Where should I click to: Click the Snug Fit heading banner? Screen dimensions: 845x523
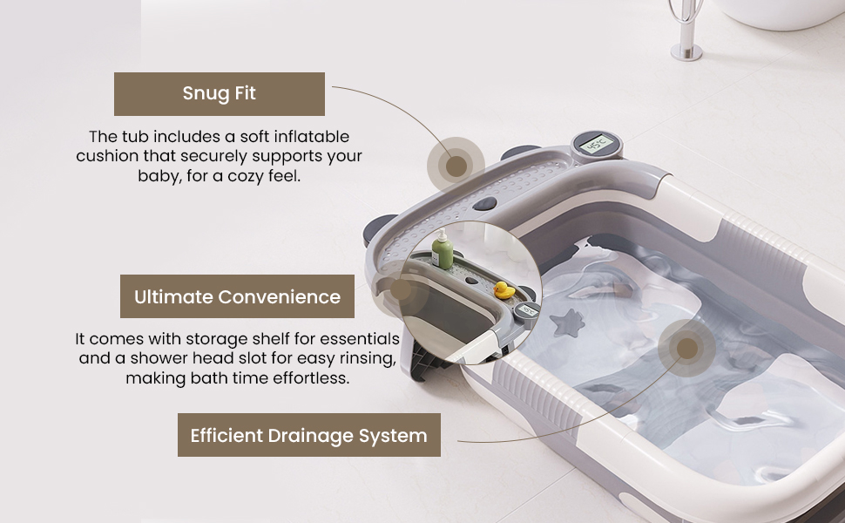[220, 94]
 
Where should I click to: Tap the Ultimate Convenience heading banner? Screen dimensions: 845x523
[237, 296]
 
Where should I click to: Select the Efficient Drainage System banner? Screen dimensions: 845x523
[308, 435]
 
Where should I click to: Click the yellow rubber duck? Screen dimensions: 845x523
[504, 290]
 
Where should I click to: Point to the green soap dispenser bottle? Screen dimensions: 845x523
[443, 250]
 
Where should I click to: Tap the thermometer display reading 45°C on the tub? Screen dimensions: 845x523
[597, 145]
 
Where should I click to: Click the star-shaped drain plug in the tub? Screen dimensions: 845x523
[567, 323]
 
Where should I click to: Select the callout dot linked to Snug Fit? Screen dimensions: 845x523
[456, 166]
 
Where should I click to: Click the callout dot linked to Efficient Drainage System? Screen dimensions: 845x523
[686, 349]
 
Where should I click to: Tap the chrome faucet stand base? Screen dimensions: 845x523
[686, 52]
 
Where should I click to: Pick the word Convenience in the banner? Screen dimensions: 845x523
[279, 296]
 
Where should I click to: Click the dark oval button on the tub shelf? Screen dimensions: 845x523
[484, 204]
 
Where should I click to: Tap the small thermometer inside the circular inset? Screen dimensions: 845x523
[527, 310]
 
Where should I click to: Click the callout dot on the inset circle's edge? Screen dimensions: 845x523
[401, 289]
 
